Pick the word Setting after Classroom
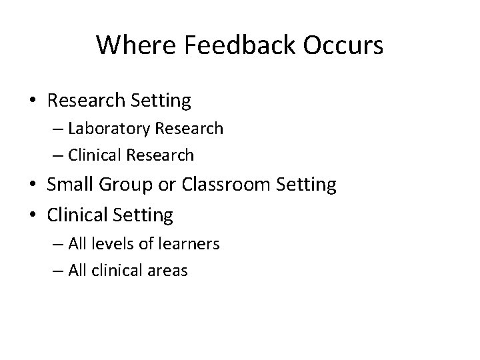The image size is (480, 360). tap(307, 185)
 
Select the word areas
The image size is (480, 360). tap(169, 271)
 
